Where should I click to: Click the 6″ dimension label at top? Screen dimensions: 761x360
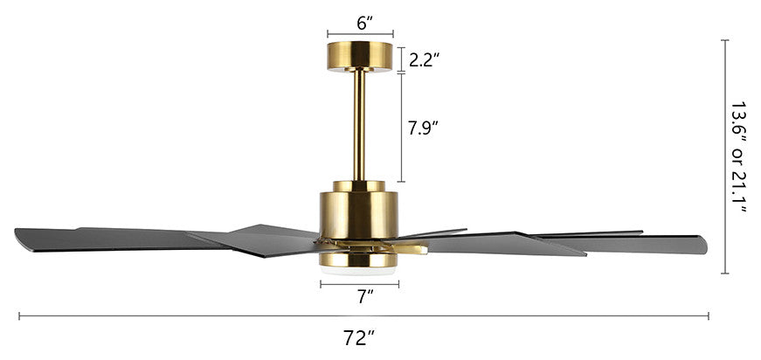[x=364, y=24]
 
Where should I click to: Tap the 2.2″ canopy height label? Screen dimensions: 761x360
[x=425, y=59]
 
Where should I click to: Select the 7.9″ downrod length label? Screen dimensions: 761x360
[x=423, y=128]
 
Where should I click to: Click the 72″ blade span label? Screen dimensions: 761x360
[x=360, y=338]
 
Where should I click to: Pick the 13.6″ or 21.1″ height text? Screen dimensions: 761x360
[x=738, y=157]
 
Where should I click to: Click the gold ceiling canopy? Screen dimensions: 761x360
[x=360, y=56]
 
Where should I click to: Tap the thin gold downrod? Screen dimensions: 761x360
[x=359, y=125]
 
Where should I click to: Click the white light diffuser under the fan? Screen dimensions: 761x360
[x=358, y=271]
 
